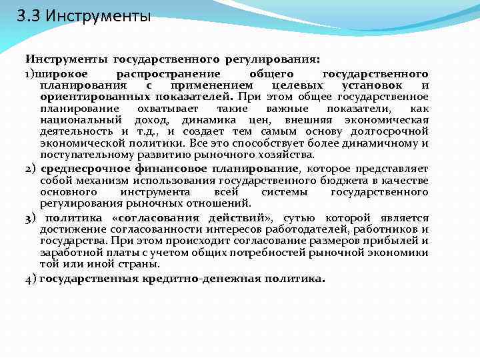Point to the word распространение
[x=171, y=74]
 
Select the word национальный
[x=81, y=120]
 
